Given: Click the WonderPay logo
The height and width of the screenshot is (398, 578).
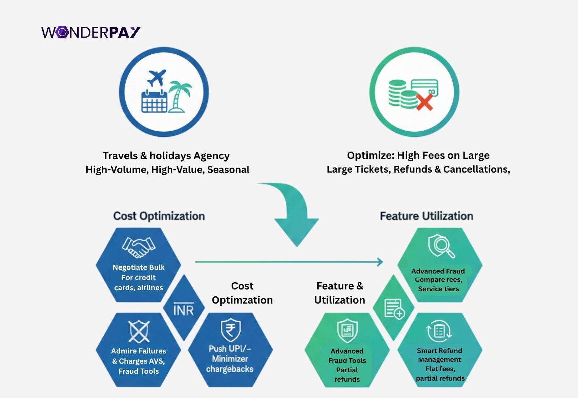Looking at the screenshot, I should point(91,32).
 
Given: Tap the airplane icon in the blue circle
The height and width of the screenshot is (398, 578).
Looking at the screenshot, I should point(156,78).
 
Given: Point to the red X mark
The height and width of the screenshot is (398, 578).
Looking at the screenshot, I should point(424,102).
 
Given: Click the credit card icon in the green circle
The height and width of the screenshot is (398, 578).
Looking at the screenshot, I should point(424,88).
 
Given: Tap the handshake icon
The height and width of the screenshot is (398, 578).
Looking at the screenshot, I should point(138,247).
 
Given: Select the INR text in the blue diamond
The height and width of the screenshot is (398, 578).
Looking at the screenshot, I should point(184,310).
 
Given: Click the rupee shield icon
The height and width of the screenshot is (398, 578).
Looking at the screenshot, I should point(230,330).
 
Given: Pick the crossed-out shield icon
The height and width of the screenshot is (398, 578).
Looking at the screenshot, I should point(139,331).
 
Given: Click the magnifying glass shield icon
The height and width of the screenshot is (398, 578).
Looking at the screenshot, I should point(441,246).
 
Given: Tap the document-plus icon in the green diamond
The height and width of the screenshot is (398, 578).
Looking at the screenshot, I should point(394,309).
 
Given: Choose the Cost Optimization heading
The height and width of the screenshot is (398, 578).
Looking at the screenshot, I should point(159,216).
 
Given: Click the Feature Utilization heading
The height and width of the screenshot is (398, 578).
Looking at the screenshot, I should point(426,216).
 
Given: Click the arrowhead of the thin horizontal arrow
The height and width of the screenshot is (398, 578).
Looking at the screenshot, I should point(380,262).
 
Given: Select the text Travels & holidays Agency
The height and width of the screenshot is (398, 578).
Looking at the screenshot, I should point(166,156).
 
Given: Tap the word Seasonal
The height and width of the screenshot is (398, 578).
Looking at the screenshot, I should point(228,170).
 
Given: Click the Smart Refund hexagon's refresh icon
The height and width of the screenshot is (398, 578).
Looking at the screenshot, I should point(439,331).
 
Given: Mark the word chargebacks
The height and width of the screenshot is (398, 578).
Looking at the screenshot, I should point(230,369).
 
